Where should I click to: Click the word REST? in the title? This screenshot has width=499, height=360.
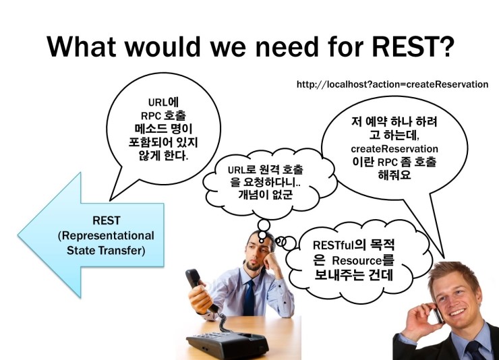pyautogui.click(x=413, y=47)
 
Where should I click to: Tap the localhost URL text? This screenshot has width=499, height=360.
pyautogui.click(x=392, y=84)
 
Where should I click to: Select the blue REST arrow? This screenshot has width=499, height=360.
pyautogui.click(x=91, y=235)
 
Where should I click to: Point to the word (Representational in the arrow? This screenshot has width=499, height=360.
pyautogui.click(x=106, y=236)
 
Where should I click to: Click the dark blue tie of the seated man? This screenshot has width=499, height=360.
pyautogui.click(x=249, y=298)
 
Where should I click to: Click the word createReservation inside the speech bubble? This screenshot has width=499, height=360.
pyautogui.click(x=394, y=149)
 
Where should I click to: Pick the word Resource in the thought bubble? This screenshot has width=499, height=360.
pyautogui.click(x=357, y=261)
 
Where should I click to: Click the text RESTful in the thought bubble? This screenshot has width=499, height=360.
pyautogui.click(x=333, y=245)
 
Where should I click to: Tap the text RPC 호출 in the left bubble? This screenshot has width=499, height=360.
pyautogui.click(x=163, y=115)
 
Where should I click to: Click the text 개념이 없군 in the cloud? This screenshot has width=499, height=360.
pyautogui.click(x=265, y=194)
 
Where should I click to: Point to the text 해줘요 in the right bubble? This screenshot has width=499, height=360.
pyautogui.click(x=394, y=175)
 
